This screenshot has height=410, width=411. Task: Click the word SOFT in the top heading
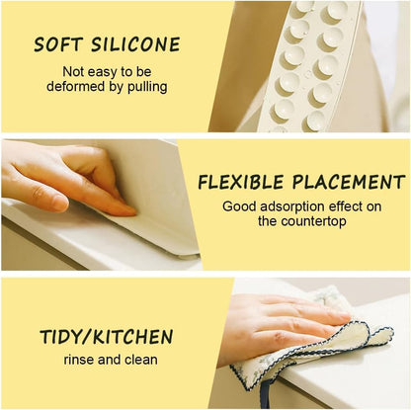point(58,44)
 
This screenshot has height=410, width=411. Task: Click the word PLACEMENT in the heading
point(349,183)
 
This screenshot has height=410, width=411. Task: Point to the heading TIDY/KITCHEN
point(107,337)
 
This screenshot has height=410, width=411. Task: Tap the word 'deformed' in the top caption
point(81,86)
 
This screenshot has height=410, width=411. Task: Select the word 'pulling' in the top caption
point(143,86)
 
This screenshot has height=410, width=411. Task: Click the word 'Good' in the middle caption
point(239,207)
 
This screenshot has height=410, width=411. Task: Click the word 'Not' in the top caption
point(74,72)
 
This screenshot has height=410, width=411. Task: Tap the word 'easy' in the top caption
point(104,72)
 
